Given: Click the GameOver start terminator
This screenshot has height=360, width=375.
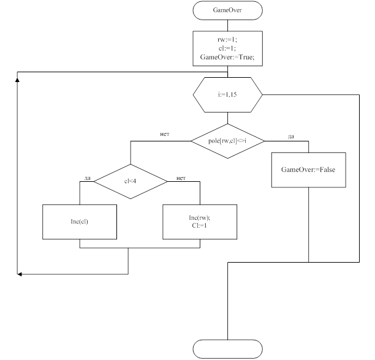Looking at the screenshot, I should tap(227, 10).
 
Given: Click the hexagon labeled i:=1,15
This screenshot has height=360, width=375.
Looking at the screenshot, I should tap(227, 95).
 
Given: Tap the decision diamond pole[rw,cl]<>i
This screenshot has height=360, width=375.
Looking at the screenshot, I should tap(227, 141).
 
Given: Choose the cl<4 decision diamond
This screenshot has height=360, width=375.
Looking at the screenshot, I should tap(129, 181).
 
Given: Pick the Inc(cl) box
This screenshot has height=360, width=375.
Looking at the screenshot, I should tap(80, 222).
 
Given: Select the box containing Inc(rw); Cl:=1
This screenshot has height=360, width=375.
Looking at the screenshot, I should tap(200, 222).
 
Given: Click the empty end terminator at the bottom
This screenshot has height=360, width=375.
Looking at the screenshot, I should tap(227, 349).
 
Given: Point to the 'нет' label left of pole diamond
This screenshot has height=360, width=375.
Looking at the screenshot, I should tap(164, 133).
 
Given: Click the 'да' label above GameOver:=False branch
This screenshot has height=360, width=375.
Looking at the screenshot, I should tap(290, 137).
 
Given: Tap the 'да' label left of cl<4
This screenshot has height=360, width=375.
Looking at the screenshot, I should tap(88, 178).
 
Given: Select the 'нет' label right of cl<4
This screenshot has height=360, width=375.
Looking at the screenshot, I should tap(181, 178).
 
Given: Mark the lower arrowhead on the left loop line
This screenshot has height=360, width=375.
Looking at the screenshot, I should tap(20, 274).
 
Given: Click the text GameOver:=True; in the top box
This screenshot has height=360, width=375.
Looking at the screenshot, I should tap(227, 58).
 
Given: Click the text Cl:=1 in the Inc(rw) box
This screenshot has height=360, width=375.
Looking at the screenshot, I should tap(200, 226).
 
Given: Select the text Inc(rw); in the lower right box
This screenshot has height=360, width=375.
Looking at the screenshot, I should tap(200, 218).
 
